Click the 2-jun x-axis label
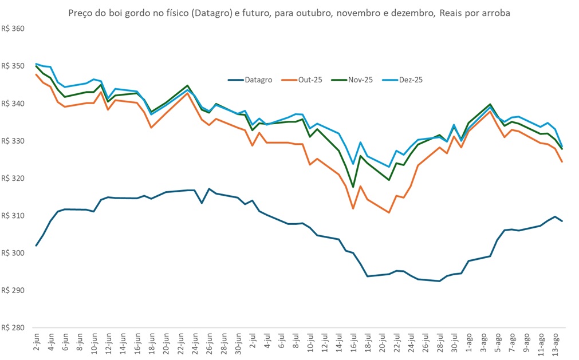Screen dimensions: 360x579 [37, 342]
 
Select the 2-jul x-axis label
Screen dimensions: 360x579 [253, 342]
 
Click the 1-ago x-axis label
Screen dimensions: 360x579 [468, 343]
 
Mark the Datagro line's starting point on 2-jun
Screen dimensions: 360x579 [36, 246]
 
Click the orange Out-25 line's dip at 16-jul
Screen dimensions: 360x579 [353, 208]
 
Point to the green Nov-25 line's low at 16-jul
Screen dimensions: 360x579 [353, 187]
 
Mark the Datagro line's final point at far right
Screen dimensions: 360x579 [562, 221]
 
